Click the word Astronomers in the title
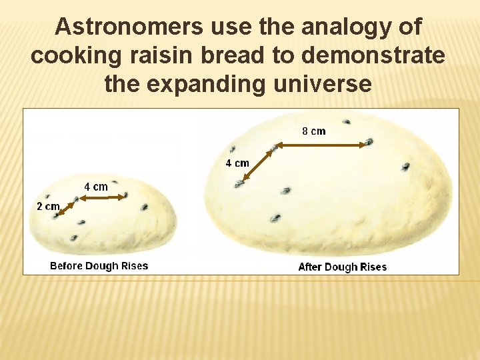pos(129,27)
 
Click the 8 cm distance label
pos(314,131)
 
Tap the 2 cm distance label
pos(47,207)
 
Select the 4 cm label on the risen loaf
pos(237,163)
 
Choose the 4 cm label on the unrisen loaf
pos(95,187)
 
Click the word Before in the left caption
pos(67,266)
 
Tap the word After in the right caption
pos(310,267)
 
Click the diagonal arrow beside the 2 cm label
pos(66,207)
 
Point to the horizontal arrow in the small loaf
pos(101,197)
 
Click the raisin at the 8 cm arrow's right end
pos(368,142)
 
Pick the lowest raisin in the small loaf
pos(73,237)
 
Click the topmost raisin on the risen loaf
pos(346,122)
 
